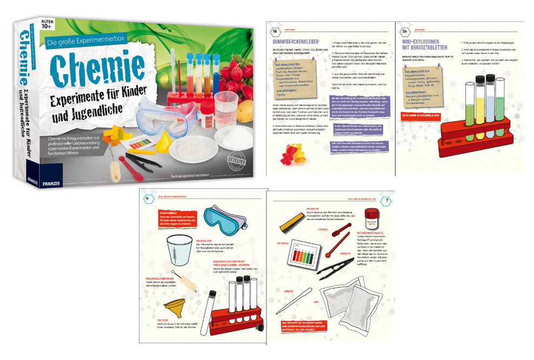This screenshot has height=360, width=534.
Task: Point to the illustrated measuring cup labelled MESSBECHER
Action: tap(179, 249)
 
